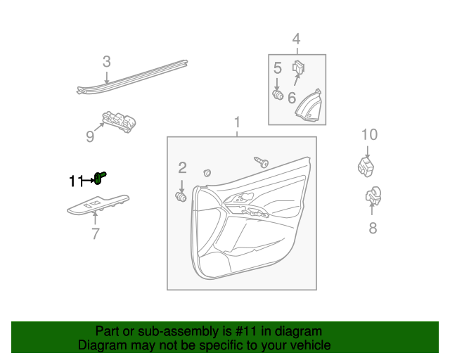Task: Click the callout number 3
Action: [x=106, y=62]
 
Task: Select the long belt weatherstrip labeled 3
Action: [x=132, y=77]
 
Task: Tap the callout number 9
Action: [x=90, y=136]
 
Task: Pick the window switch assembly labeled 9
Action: [x=119, y=122]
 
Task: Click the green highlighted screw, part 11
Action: [x=100, y=178]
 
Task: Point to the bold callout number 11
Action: [x=76, y=181]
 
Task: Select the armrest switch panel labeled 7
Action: [x=98, y=205]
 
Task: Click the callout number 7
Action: [x=96, y=233]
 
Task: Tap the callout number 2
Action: [x=183, y=167]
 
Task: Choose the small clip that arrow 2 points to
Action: [x=181, y=197]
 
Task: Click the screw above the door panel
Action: [x=261, y=162]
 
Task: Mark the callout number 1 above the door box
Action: [x=237, y=122]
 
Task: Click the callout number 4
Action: [x=297, y=39]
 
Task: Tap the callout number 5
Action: [x=277, y=68]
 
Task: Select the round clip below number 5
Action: [x=278, y=95]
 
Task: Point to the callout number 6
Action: [x=292, y=98]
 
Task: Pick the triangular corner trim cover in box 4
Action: [x=309, y=105]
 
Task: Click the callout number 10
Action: [x=369, y=134]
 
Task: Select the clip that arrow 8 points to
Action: [x=373, y=196]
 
